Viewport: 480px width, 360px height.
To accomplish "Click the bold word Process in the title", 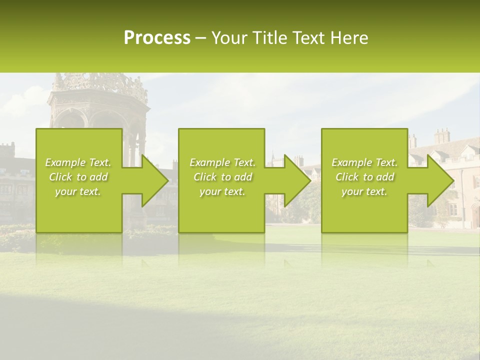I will click(157, 38).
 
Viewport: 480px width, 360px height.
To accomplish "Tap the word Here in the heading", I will click(349, 38).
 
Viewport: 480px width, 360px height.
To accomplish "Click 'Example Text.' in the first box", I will click(78, 162).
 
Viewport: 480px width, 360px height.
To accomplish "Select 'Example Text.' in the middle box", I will click(222, 162).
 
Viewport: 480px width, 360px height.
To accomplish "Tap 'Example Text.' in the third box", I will click(364, 162).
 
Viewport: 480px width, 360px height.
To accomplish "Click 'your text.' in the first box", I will click(78, 191).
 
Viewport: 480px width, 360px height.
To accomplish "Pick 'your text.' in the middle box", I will click(222, 191).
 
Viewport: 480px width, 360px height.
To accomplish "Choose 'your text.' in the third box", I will click(364, 191).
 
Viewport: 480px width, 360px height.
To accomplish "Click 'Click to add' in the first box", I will click(78, 177).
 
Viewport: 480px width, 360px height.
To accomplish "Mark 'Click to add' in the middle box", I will click(222, 177).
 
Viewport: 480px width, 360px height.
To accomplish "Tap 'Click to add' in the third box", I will click(364, 177).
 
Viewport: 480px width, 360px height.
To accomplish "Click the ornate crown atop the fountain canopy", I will click(100, 83).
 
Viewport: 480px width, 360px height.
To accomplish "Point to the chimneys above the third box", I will click(441, 136).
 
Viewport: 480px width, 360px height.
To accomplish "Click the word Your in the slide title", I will click(228, 38).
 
